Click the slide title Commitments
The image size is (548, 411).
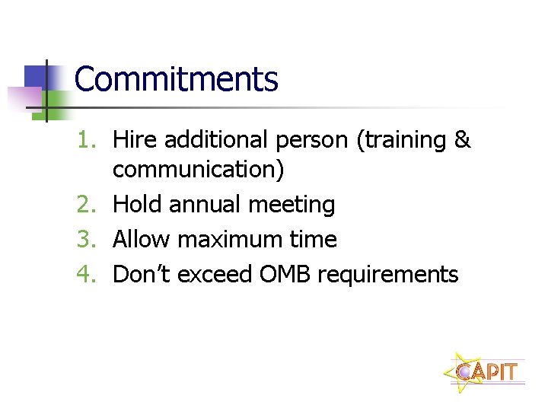[177, 79]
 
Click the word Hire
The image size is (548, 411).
[135, 140]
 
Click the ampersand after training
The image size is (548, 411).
[463, 140]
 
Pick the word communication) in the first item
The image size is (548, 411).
[198, 169]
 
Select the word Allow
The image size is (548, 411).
[142, 240]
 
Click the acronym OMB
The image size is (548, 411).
[285, 275]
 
